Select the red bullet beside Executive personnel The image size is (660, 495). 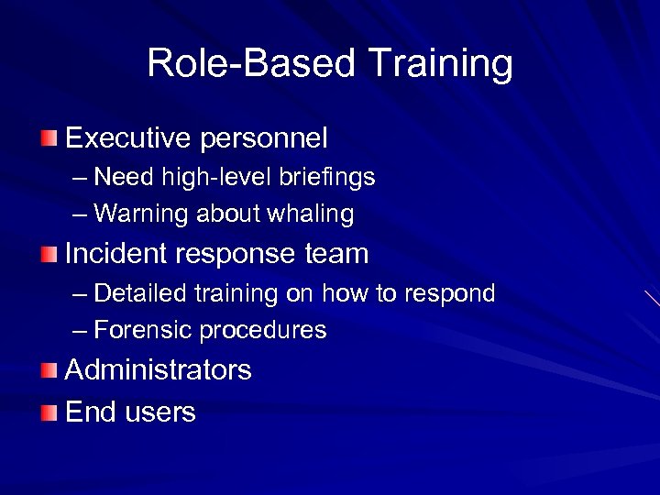[x=49, y=138]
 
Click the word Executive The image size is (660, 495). [x=128, y=138]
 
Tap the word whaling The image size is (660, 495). [x=310, y=214]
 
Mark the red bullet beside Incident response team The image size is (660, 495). [x=49, y=254]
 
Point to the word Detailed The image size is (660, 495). [x=140, y=293]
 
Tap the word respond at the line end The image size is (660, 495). [x=447, y=294]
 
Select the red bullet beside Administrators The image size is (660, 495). [x=49, y=370]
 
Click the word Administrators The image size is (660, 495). [x=159, y=370]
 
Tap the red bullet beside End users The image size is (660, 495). [x=49, y=412]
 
